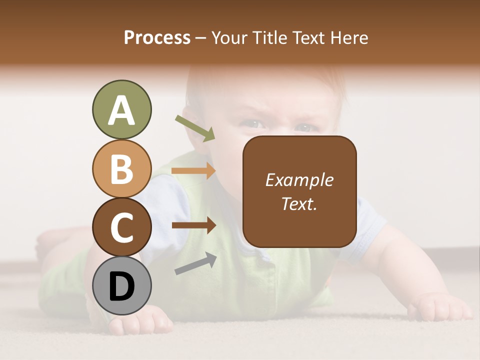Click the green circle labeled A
pos(121,110)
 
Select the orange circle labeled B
pos(121,168)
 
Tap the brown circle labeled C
pos(121,227)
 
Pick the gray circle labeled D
pos(121,285)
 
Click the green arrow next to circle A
pos(195,128)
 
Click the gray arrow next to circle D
pos(195,263)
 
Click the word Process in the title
pos(157,37)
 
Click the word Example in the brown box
pos(299,180)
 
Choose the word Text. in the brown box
pos(299,203)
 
